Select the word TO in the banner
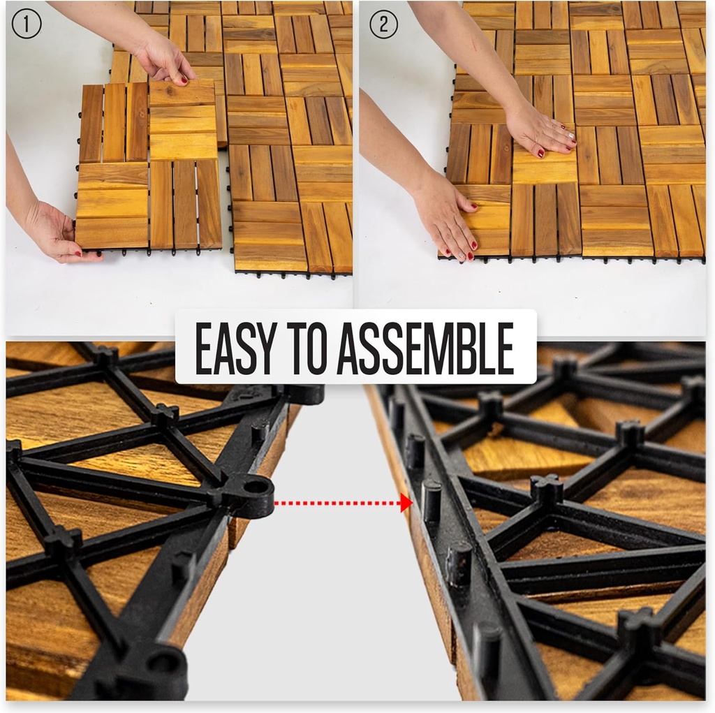(x=307, y=348)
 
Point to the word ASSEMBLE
(x=426, y=348)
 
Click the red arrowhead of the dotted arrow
(x=406, y=503)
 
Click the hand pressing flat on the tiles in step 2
(x=541, y=128)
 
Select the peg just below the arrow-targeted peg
(x=459, y=563)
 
